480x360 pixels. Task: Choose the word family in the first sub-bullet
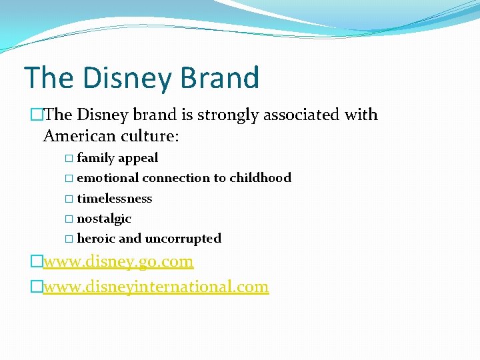point(95,158)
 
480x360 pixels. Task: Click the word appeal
point(138,159)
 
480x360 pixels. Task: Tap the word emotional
point(107,178)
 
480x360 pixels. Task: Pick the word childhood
point(260,178)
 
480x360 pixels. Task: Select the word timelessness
point(115,199)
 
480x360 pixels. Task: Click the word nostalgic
point(104,219)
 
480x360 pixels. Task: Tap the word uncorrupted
point(183,239)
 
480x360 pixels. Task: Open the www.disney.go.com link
point(118,261)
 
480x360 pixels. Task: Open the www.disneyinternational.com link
point(155,287)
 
